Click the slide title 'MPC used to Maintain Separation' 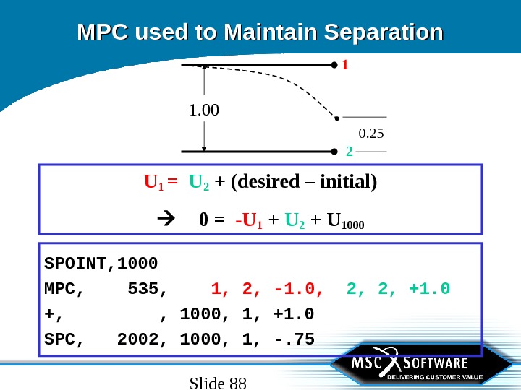pyautogui.click(x=260, y=32)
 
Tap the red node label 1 pyautogui.click(x=345, y=65)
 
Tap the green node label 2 pyautogui.click(x=350, y=152)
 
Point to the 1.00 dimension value pyautogui.click(x=203, y=111)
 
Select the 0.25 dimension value pyautogui.click(x=370, y=134)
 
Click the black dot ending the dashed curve pyautogui.click(x=336, y=116)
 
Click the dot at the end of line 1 pyautogui.click(x=334, y=64)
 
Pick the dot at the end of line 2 pyautogui.click(x=334, y=152)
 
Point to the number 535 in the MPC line pyautogui.click(x=146, y=289)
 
